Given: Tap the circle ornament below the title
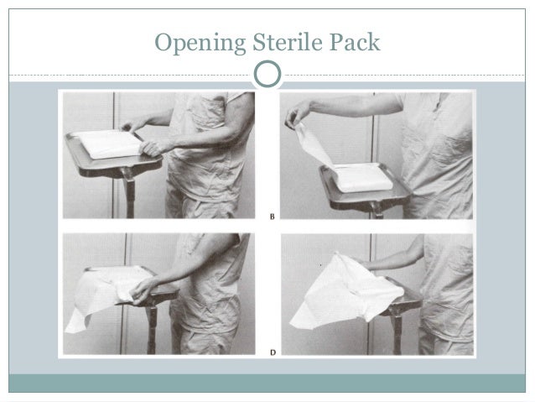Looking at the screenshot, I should [x=267, y=75].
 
